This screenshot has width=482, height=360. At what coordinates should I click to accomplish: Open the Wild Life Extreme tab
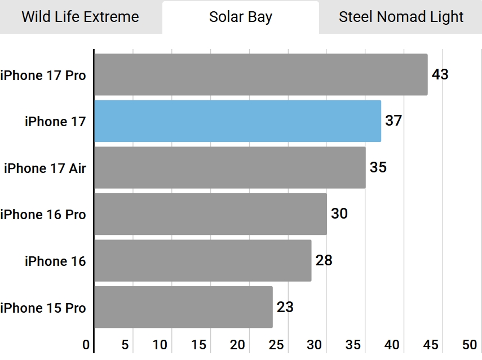click(80, 17)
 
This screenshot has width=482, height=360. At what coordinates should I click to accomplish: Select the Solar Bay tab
click(241, 17)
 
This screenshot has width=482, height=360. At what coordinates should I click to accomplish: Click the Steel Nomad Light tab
click(401, 17)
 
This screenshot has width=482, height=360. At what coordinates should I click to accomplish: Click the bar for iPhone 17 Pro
click(260, 74)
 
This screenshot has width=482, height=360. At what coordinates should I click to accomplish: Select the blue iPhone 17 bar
click(238, 121)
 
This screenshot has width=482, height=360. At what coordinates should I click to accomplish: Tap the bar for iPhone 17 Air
click(230, 167)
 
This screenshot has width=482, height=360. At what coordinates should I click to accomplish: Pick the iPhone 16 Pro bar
click(211, 214)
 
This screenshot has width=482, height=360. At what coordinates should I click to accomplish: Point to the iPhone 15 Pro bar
click(184, 307)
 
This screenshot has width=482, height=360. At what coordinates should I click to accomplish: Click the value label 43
click(440, 74)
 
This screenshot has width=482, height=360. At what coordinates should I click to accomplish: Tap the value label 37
click(393, 121)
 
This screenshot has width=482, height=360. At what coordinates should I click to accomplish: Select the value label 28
click(324, 260)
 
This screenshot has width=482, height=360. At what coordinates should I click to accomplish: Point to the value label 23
click(285, 307)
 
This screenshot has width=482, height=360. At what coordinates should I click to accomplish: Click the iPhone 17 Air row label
click(45, 168)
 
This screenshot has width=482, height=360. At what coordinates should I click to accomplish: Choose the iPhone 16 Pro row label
click(43, 215)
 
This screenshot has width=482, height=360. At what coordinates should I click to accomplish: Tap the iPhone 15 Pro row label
click(43, 308)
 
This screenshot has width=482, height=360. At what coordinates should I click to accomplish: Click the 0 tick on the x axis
click(86, 345)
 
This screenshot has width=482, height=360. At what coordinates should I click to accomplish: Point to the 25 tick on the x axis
click(276, 345)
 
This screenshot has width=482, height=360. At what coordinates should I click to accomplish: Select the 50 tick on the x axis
click(470, 345)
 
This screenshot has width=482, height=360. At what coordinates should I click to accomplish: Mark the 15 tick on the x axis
click(198, 345)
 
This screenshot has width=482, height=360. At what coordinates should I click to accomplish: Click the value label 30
click(339, 214)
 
